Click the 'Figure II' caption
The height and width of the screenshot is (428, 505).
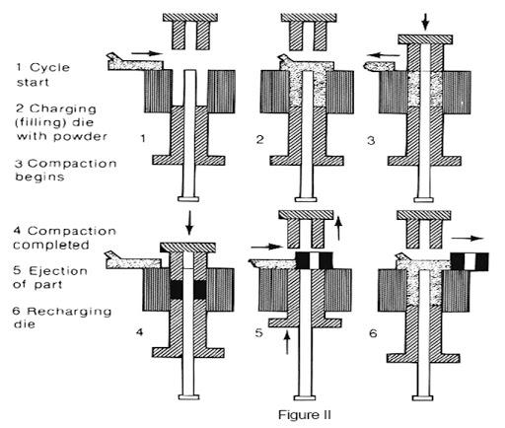pos(304,414)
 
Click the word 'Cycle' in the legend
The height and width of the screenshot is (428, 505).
pos(49,68)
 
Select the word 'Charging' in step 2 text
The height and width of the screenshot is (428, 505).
pos(63,108)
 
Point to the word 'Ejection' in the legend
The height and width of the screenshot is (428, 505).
pos(58,271)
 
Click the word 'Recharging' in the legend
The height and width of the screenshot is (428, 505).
pos(69,312)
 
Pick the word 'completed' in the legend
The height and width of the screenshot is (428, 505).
pos(51,245)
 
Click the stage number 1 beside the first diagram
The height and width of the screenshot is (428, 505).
pos(143,138)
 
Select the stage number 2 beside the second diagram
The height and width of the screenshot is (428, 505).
pos(260,140)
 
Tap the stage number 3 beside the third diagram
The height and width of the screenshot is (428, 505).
pos(371,141)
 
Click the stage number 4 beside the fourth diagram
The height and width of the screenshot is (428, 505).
pos(140,332)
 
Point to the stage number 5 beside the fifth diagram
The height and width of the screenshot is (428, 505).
pos(259,332)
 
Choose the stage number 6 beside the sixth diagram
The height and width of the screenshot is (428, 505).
pos(373,333)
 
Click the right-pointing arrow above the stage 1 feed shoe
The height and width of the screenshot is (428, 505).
pos(147,53)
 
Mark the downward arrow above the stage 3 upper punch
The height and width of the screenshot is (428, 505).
pos(425,22)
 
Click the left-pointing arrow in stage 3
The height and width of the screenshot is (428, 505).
pos(384,55)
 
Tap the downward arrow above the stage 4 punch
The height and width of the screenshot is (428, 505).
pos(188,223)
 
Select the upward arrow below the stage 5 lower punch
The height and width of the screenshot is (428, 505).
pos(287,342)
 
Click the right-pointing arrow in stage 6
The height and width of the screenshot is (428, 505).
pos(468,238)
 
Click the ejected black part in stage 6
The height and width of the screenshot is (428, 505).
pos(469,261)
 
